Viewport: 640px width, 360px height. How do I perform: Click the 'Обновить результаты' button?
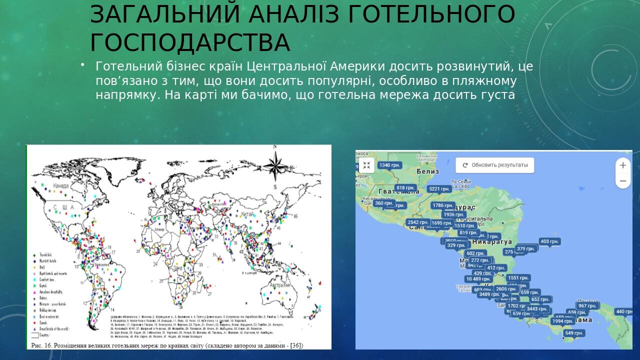coord(494,165)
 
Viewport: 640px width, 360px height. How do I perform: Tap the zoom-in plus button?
coord(623,165)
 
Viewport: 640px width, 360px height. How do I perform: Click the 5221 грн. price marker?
coord(439,189)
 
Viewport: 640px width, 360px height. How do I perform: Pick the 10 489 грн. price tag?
coord(478,279)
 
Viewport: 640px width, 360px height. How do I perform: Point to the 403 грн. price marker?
coord(549,241)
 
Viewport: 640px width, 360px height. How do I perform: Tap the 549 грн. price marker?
coord(573,333)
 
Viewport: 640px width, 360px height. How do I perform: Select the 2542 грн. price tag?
coord(417,222)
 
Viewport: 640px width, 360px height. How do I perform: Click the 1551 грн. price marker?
coord(517,278)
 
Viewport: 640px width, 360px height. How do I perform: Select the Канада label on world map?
coord(61,186)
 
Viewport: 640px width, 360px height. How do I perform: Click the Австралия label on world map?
coord(280,285)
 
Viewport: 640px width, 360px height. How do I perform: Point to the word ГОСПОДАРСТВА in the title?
coord(190,43)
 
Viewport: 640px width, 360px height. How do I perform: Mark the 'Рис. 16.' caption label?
coord(42,345)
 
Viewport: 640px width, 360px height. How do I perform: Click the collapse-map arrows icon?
coord(366,165)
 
